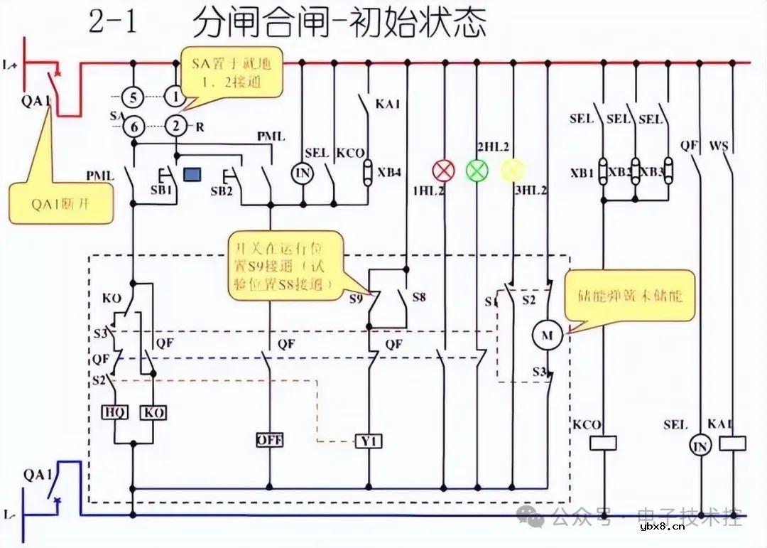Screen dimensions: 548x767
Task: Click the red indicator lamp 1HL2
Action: (444, 171)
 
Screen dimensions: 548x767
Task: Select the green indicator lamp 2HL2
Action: (477, 171)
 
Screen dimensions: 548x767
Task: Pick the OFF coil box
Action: (269, 441)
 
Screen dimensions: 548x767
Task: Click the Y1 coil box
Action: (369, 442)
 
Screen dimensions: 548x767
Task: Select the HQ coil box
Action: (115, 412)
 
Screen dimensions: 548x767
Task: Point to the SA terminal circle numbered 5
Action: (132, 96)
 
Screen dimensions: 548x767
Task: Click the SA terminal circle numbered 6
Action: (132, 127)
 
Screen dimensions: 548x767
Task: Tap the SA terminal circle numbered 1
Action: (175, 96)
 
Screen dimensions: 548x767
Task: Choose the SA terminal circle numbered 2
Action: (175, 127)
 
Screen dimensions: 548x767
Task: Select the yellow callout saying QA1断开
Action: (61, 203)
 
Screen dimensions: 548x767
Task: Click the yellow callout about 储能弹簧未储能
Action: (629, 295)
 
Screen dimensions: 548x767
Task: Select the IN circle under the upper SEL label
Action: (303, 172)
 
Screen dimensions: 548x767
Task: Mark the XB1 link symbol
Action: (603, 172)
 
